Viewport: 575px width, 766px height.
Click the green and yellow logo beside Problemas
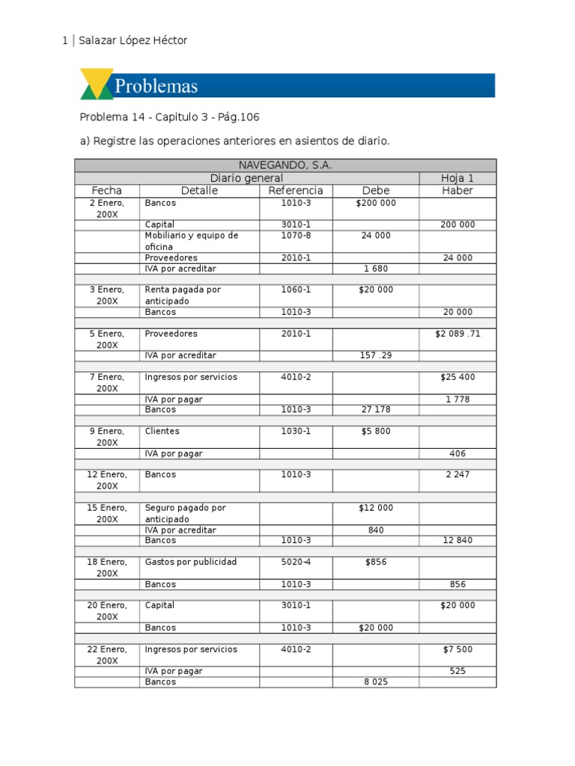[x=97, y=84]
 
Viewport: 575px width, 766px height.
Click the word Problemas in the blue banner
[x=156, y=86]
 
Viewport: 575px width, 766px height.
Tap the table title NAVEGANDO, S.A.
[x=285, y=165]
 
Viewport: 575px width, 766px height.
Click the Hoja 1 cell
[x=457, y=178]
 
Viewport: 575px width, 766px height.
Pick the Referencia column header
[x=296, y=191]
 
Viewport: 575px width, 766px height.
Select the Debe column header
[x=376, y=191]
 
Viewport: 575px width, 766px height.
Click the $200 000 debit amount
[x=376, y=203]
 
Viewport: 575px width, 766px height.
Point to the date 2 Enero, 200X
[x=107, y=208]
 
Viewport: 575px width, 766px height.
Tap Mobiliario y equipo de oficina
[x=191, y=241]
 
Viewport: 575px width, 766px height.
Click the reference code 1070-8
[x=296, y=236]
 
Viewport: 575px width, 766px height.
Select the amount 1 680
[x=376, y=269]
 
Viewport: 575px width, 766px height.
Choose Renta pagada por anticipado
[x=183, y=295]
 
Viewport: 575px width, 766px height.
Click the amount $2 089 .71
[x=457, y=334]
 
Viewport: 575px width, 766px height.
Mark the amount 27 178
[x=376, y=410]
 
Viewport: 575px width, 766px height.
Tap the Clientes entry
[x=162, y=432]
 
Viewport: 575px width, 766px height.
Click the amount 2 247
[x=457, y=475]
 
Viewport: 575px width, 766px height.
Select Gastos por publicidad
[x=190, y=562]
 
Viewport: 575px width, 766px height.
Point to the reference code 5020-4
[x=296, y=562]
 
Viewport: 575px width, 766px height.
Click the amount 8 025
[x=376, y=682]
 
